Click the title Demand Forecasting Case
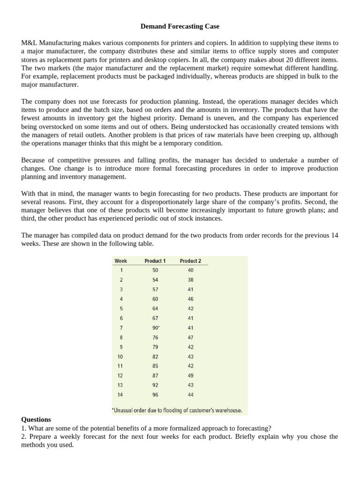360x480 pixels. [x=180, y=26]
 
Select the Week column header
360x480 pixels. [x=120, y=261]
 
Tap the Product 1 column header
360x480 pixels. [x=155, y=261]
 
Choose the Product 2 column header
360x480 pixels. [x=190, y=261]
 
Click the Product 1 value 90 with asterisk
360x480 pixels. [x=156, y=328]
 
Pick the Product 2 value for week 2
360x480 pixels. [x=190, y=280]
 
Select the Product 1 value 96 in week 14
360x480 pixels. [x=155, y=395]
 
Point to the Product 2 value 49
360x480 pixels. [x=190, y=375]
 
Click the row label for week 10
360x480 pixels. [x=121, y=357]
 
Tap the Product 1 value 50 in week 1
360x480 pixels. [x=155, y=270]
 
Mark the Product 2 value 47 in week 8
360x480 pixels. [x=190, y=337]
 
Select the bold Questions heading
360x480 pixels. [x=36, y=420]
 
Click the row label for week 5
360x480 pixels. [x=121, y=308]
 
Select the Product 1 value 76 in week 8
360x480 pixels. [x=155, y=337]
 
